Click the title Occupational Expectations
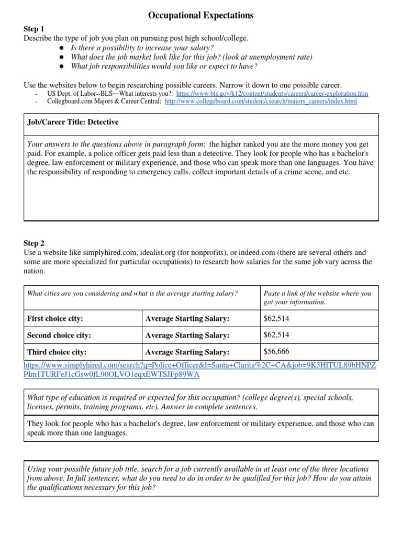200,16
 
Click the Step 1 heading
34,29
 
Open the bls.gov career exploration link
272,94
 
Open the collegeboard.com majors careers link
261,102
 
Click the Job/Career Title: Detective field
73,122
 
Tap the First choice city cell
55,318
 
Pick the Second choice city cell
59,335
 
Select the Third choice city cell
57,352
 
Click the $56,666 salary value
276,352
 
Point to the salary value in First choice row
276,318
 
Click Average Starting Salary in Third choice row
187,352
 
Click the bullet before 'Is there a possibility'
61,48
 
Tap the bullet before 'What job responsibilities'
61,66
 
